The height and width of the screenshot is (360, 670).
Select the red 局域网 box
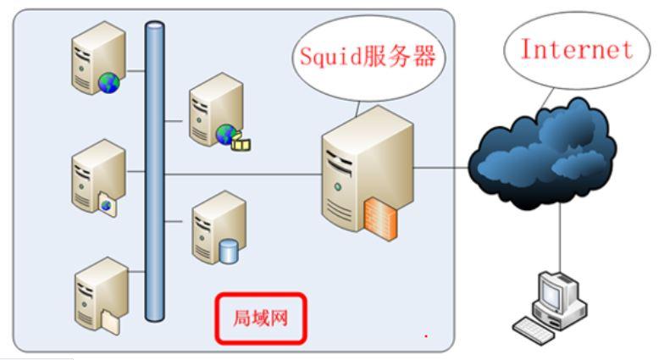[258, 320]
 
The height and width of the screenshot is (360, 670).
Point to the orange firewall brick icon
[380, 215]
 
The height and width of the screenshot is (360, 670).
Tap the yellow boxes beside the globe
[242, 141]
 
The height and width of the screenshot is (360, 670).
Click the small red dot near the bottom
[426, 336]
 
